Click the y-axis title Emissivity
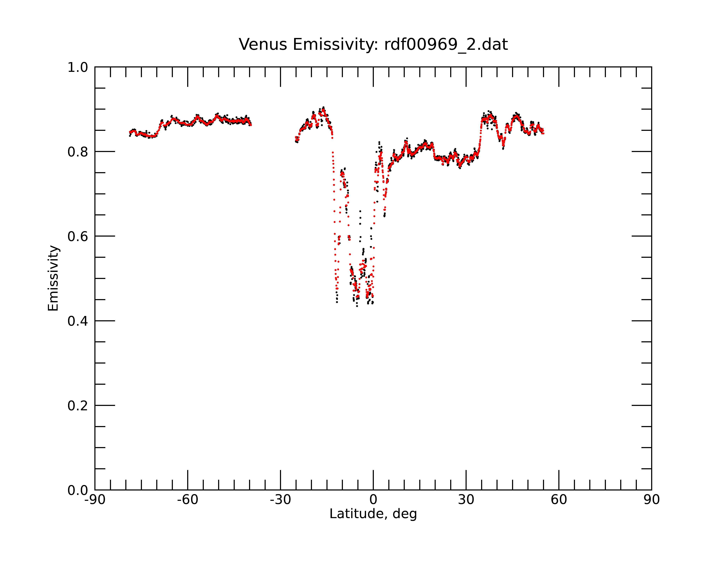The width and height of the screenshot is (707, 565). pos(53,278)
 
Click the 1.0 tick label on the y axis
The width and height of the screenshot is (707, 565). pos(78,68)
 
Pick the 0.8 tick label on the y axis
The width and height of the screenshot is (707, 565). pos(78,152)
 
